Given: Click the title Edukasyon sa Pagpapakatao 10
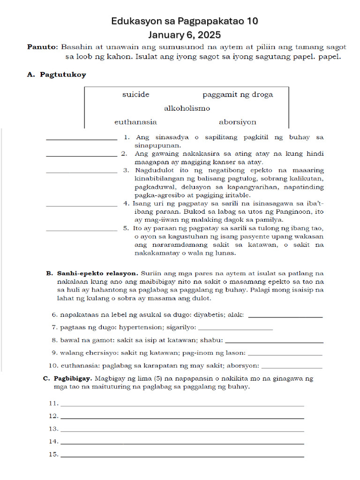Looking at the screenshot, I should [x=184, y=22].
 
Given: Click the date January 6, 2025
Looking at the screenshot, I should [x=184, y=35].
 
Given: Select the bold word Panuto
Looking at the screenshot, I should [x=42, y=47].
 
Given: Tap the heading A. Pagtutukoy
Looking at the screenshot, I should [x=57, y=75].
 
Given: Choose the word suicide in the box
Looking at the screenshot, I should [x=136, y=95].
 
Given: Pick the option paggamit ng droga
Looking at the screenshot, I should [x=238, y=95].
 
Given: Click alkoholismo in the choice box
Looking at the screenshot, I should [x=187, y=108].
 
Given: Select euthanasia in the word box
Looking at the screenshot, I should [x=135, y=122].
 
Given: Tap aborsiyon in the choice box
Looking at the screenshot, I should [x=238, y=122].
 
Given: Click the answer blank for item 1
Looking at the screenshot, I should [x=82, y=139].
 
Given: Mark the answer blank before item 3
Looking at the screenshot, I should [x=82, y=172].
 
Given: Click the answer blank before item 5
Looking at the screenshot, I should [x=82, y=230].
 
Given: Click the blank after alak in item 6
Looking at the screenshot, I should [x=285, y=317].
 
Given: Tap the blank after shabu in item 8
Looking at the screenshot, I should [x=274, y=342].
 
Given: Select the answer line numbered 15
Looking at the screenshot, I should [x=182, y=456].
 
